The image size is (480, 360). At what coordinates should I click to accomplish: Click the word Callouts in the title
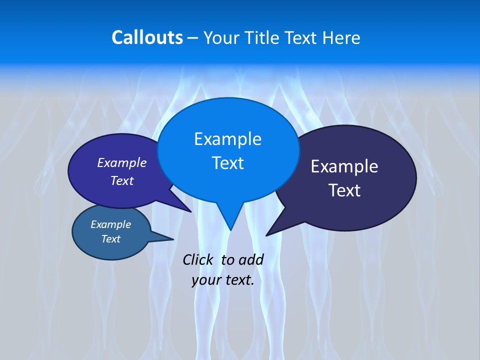[147, 37]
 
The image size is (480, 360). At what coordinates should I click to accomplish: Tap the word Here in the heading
[342, 37]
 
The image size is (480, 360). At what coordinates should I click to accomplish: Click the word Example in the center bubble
[227, 139]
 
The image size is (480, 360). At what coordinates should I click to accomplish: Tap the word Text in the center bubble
[227, 163]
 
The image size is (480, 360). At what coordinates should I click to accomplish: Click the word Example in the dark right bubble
[344, 166]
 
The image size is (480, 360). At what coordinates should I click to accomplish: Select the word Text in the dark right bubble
[344, 190]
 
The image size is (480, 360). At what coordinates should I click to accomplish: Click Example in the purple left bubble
[122, 162]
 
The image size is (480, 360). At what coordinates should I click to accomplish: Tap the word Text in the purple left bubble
[122, 180]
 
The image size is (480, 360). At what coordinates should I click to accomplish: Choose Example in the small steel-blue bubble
[110, 224]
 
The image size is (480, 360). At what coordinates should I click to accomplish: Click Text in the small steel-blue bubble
[110, 239]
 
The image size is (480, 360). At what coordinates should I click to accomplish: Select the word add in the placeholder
[251, 259]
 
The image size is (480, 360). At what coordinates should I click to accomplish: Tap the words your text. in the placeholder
[223, 280]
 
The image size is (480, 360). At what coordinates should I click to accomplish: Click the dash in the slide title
[193, 37]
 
